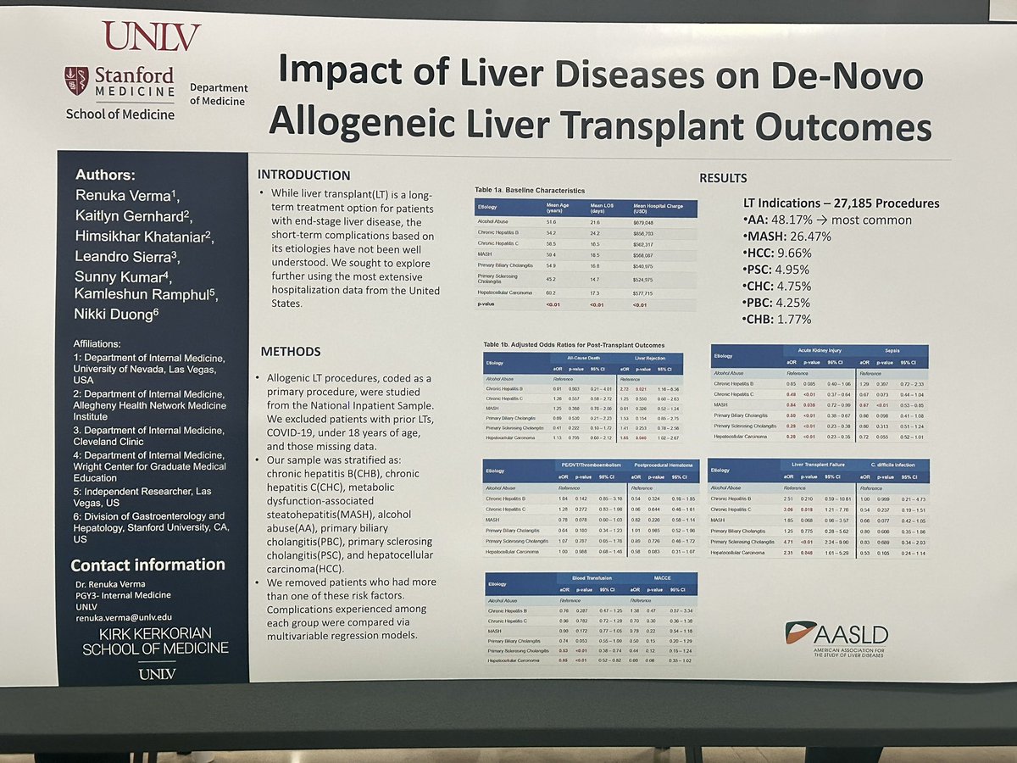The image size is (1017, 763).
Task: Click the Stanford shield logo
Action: (76, 81)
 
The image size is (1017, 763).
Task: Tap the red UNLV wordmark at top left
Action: (151, 36)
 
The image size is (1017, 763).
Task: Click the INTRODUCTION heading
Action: (303, 175)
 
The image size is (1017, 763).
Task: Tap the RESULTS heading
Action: (723, 178)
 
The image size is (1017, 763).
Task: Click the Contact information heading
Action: (147, 565)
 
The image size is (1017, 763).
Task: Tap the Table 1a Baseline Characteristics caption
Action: (529, 191)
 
